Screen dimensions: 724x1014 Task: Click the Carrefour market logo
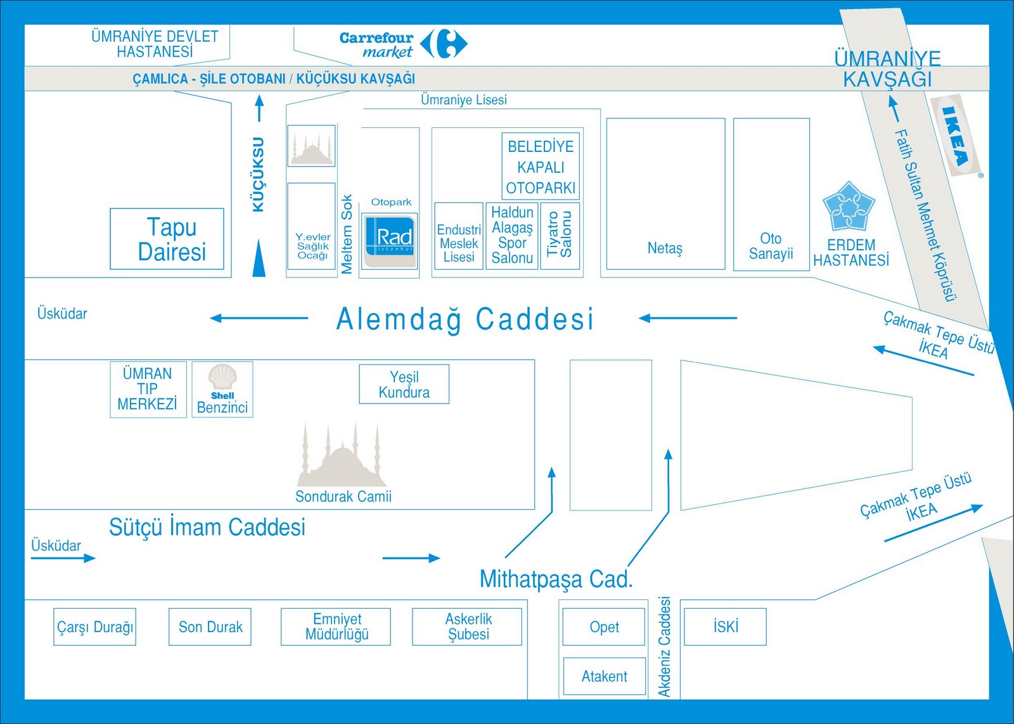pyautogui.click(x=403, y=44)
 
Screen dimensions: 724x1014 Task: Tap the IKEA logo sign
pyautogui.click(x=956, y=136)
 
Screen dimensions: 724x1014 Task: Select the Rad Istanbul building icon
pyautogui.click(x=390, y=240)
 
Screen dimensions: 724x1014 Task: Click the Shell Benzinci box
pyautogui.click(x=222, y=389)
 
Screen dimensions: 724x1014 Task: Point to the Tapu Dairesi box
pyautogui.click(x=167, y=239)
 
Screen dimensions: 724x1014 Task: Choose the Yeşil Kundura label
pyautogui.click(x=404, y=384)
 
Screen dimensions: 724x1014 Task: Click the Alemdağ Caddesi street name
pyautogui.click(x=465, y=319)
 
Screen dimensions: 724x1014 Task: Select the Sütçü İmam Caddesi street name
pyautogui.click(x=207, y=527)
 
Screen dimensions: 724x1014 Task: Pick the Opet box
pyautogui.click(x=604, y=627)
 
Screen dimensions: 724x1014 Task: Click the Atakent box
pyautogui.click(x=604, y=676)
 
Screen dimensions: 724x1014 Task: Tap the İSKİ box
pyautogui.click(x=726, y=627)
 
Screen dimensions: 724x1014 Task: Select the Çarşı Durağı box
pyautogui.click(x=95, y=627)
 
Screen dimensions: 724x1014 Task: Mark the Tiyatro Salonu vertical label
pyautogui.click(x=560, y=234)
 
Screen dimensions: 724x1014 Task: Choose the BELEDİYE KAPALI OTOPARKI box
pyautogui.click(x=541, y=167)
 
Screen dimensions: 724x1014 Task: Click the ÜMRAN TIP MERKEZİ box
pyautogui.click(x=148, y=389)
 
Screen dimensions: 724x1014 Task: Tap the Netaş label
pyautogui.click(x=665, y=248)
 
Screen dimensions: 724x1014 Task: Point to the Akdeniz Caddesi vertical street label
pyautogui.click(x=664, y=647)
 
